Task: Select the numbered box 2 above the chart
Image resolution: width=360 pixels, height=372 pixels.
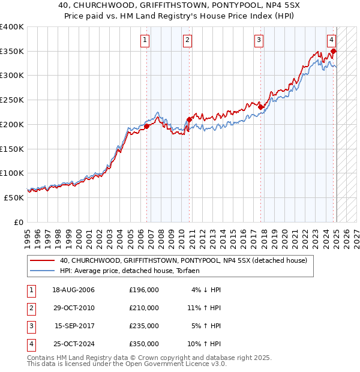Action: pos(187,40)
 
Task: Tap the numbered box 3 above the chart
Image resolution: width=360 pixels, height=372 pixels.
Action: pos(259,40)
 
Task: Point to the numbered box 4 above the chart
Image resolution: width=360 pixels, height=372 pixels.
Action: pos(331,40)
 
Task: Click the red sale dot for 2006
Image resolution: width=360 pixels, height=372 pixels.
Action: pos(147,126)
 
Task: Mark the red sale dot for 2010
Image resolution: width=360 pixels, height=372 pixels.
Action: pos(189,119)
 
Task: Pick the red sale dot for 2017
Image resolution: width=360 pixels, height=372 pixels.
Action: pos(261,107)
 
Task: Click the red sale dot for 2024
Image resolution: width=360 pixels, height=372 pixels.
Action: pos(334,52)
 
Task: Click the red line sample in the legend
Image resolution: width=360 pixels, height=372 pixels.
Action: pos(43,260)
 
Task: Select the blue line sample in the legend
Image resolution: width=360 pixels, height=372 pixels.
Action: pos(43,271)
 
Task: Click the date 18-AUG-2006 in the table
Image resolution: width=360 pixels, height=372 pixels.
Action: pos(73,290)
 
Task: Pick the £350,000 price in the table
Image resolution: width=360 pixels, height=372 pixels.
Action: pos(143,344)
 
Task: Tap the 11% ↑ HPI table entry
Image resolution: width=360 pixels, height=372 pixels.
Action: pos(204,308)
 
